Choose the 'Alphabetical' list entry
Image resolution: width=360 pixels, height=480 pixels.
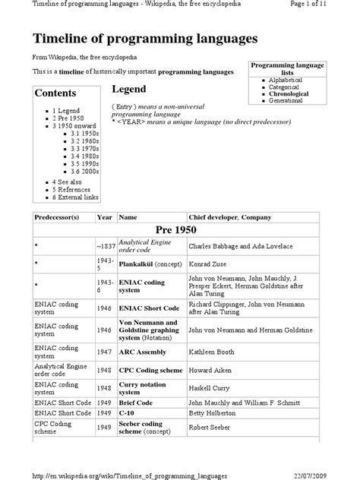pyautogui.click(x=285, y=80)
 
